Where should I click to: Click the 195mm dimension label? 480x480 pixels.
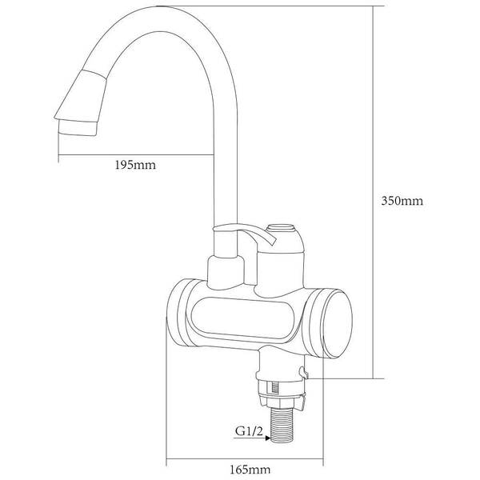click(135, 166)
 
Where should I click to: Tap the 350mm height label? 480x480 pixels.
click(402, 201)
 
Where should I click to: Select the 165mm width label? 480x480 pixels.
click(250, 470)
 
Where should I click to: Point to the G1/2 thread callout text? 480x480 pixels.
click(249, 431)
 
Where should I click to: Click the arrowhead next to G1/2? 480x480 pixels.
click(268, 438)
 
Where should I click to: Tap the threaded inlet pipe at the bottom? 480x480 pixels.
click(282, 426)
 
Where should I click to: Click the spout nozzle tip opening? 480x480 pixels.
click(78, 128)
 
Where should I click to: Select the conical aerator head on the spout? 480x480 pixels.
click(81, 97)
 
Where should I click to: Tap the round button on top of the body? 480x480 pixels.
click(281, 228)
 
